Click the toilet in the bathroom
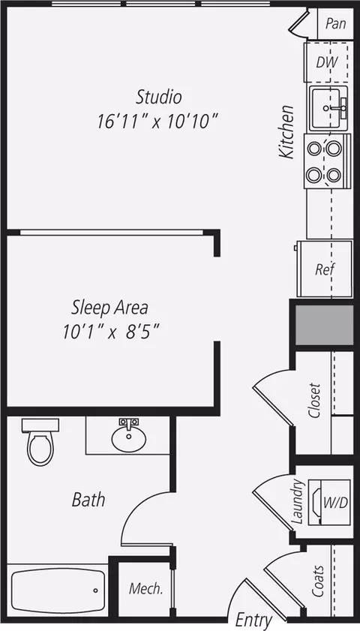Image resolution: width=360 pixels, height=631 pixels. (x=40, y=442)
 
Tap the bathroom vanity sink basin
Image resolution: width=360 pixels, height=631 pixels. (x=129, y=439)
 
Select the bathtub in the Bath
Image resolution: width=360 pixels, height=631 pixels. (x=58, y=590)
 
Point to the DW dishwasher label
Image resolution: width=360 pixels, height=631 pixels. (x=325, y=62)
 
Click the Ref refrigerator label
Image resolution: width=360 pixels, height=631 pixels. (x=325, y=269)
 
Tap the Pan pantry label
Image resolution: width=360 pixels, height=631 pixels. (x=336, y=23)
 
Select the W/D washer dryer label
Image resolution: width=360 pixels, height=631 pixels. (x=335, y=502)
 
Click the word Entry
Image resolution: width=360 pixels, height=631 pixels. (x=253, y=620)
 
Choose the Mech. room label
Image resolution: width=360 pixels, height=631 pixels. (x=145, y=589)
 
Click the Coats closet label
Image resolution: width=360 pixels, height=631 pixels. (x=318, y=581)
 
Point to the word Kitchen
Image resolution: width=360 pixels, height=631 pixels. (x=286, y=131)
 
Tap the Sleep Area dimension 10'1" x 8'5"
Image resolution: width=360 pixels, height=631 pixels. (x=112, y=332)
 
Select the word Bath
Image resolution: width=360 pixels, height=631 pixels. (x=88, y=500)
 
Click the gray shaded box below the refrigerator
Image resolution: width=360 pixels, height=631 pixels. (x=325, y=325)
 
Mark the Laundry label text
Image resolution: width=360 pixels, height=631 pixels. (x=297, y=501)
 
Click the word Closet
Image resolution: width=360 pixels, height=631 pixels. (x=314, y=400)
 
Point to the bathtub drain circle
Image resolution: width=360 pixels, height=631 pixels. (x=96, y=590)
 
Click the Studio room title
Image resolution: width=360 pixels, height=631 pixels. (x=159, y=97)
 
